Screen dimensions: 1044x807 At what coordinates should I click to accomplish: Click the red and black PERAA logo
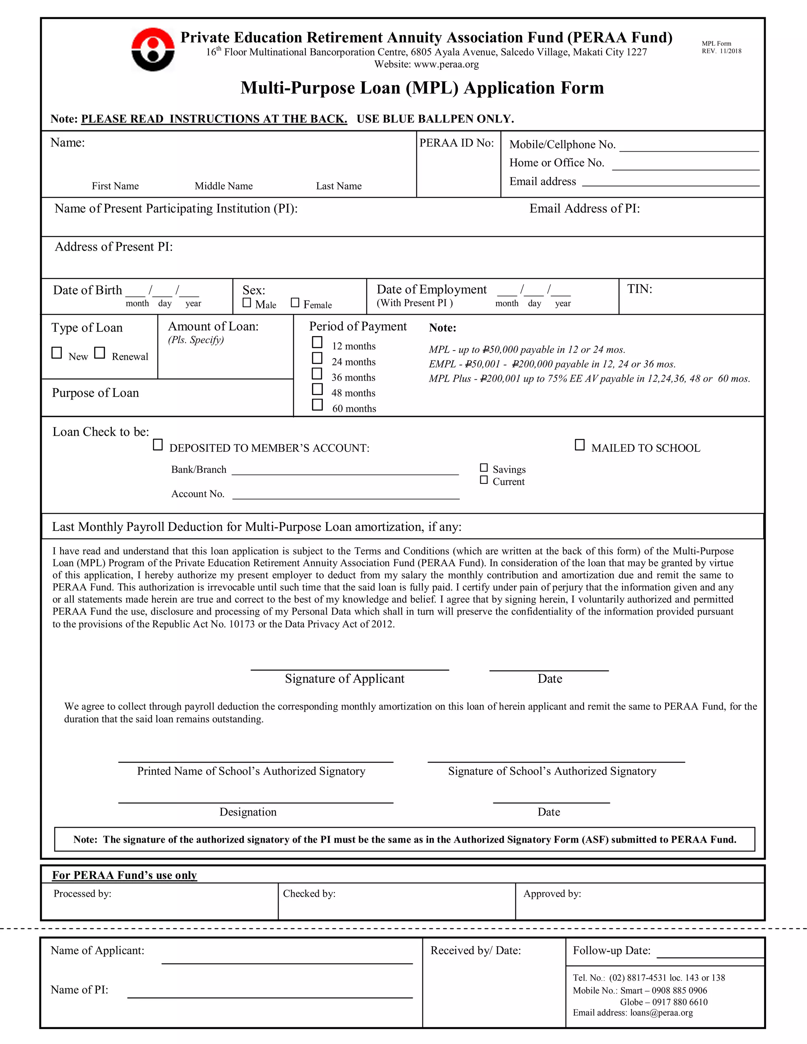point(153,49)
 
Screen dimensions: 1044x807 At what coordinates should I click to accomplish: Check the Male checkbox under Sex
point(247,303)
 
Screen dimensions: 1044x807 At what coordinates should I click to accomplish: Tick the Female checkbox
point(295,303)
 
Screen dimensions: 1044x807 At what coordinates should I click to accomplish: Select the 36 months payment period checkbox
point(317,373)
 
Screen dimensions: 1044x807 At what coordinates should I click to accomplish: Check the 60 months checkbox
point(317,405)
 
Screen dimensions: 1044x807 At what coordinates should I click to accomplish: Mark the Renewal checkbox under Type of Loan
point(99,353)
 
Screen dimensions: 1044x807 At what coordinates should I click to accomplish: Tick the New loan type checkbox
point(56,353)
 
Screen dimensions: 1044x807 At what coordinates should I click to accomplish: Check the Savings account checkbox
point(484,468)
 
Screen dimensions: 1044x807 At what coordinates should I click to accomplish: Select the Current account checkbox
point(484,479)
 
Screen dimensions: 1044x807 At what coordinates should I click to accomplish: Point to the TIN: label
point(639,289)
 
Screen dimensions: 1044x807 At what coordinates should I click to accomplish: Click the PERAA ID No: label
point(457,143)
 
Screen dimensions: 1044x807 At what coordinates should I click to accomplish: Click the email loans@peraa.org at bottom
point(661,1012)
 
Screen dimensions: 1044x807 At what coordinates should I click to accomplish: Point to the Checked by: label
point(309,894)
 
